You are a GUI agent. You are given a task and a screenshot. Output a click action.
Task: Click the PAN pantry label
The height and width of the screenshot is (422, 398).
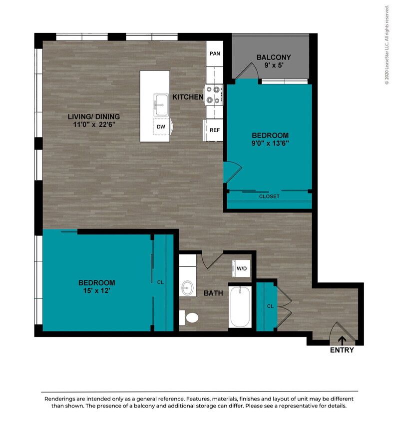(215, 53)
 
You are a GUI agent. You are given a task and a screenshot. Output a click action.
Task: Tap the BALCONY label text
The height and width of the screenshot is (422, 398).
(273, 57)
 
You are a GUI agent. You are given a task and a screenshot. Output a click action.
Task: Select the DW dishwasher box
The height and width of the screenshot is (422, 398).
(161, 127)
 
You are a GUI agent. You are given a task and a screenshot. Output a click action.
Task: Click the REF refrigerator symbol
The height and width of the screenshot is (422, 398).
(215, 130)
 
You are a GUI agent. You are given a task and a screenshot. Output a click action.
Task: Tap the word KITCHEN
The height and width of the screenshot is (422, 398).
(188, 97)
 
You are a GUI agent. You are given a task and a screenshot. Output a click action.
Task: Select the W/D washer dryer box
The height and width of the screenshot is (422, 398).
(242, 268)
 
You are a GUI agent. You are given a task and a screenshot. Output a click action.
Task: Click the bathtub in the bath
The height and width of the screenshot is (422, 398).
(241, 306)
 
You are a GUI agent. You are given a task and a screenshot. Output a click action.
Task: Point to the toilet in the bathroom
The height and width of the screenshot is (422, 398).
(190, 317)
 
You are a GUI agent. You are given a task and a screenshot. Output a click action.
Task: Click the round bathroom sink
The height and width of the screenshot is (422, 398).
(187, 287)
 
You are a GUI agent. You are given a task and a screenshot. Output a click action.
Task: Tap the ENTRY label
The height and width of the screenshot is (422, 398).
(342, 350)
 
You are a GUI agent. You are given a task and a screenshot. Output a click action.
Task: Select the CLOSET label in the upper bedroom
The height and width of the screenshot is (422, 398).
(269, 196)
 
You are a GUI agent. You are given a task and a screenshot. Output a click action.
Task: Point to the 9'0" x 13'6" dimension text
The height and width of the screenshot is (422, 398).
(270, 143)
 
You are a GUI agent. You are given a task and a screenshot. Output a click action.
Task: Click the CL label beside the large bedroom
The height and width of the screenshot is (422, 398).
(160, 282)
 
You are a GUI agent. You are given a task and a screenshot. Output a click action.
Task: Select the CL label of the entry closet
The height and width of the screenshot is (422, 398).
(270, 306)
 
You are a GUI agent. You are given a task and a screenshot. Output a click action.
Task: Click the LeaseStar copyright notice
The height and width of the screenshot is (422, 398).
(387, 45)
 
